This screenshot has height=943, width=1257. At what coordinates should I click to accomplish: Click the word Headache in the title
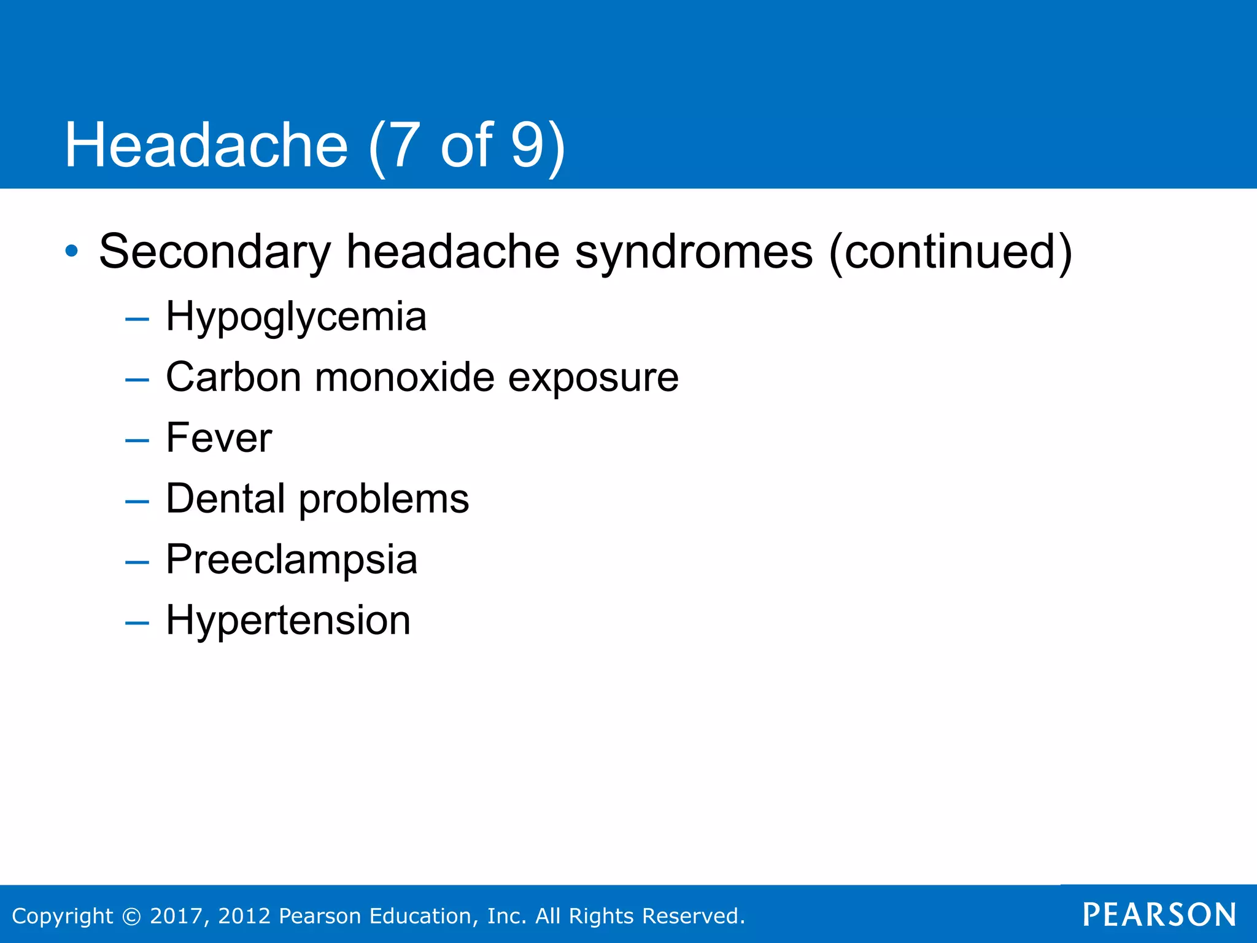pyautogui.click(x=206, y=145)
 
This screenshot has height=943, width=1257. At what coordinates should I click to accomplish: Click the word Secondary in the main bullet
pyautogui.click(x=215, y=252)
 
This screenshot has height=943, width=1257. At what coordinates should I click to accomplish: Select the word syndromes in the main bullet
pyautogui.click(x=694, y=252)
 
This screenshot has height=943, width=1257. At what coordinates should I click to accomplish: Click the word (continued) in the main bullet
pyautogui.click(x=950, y=252)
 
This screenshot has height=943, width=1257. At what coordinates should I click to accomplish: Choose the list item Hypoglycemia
pyautogui.click(x=296, y=317)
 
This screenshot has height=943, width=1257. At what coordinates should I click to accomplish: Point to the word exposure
pyautogui.click(x=593, y=378)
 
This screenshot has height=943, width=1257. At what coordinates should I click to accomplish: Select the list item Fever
pyautogui.click(x=219, y=438)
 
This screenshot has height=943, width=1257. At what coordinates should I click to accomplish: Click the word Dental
pyautogui.click(x=225, y=498)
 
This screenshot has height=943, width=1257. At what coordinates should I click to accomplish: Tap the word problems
pyautogui.click(x=384, y=499)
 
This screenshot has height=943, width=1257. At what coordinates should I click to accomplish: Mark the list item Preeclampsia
pyautogui.click(x=292, y=560)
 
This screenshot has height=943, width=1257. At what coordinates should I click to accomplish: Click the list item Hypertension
pyautogui.click(x=288, y=621)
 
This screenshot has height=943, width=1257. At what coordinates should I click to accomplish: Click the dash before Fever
pyautogui.click(x=136, y=440)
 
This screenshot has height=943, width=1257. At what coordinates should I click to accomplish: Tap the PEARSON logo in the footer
pyautogui.click(x=1159, y=915)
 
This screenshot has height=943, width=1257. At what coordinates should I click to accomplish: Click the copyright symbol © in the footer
pyautogui.click(x=131, y=916)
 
